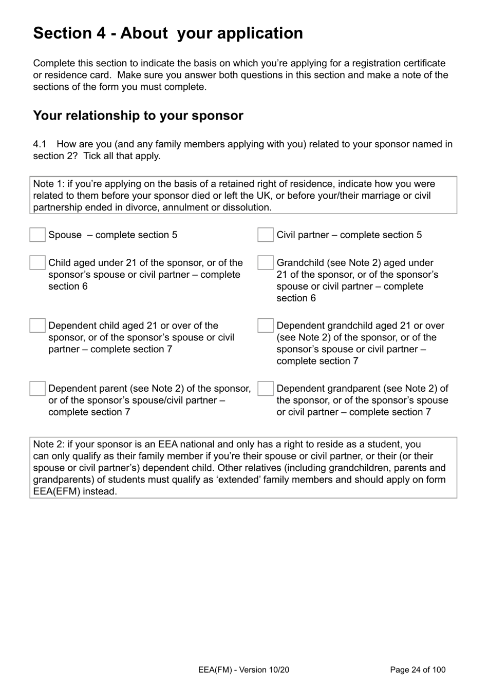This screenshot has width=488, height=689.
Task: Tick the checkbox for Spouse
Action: coord(37,235)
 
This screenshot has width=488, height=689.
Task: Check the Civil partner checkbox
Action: coord(266,235)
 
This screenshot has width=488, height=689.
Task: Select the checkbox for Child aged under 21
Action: coord(37,262)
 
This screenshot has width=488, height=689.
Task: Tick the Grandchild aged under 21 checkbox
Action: coord(266,262)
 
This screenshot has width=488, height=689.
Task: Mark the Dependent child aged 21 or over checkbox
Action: coord(37,326)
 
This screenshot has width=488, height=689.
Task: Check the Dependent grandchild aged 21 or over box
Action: coord(266,326)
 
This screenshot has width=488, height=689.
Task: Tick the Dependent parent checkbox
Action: coord(37,389)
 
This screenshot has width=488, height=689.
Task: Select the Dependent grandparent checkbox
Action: coord(266,389)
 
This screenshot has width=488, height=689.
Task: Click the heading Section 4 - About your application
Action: coord(168,33)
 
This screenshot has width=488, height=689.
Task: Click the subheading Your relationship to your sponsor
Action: coord(138,116)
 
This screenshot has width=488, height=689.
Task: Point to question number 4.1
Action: coord(40,144)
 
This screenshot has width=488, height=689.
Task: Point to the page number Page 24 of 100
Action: coord(418,669)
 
